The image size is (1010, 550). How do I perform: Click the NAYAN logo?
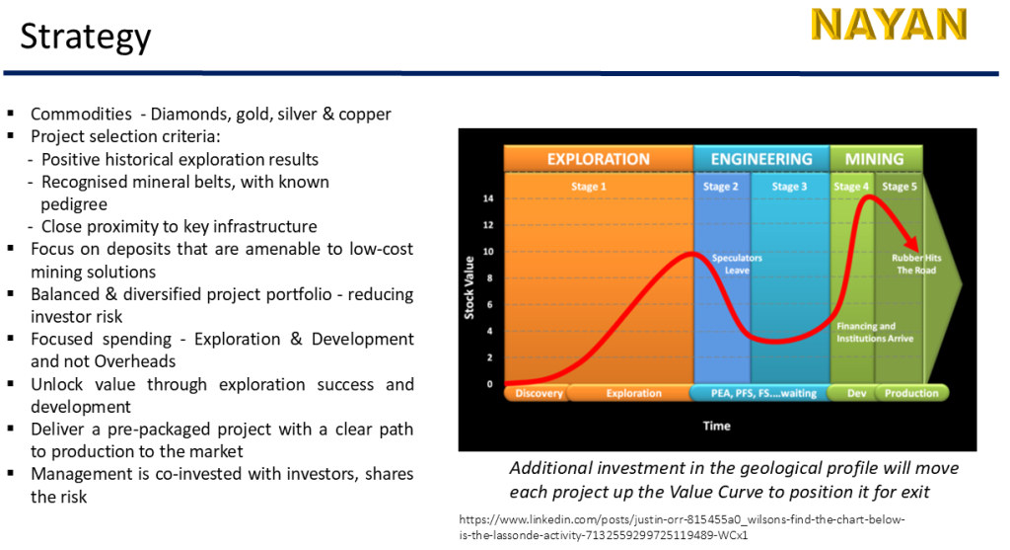pyautogui.click(x=889, y=25)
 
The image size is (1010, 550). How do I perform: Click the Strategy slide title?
pyautogui.click(x=86, y=37)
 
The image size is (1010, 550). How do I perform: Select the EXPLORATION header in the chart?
pyautogui.click(x=599, y=159)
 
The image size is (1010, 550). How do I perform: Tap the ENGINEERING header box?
pyautogui.click(x=761, y=159)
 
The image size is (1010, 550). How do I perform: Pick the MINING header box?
pyautogui.click(x=875, y=159)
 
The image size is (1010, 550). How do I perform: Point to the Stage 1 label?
pyautogui.click(x=589, y=187)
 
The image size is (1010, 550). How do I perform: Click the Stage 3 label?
pyautogui.click(x=789, y=187)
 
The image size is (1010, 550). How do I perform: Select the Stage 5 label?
pyautogui.click(x=900, y=187)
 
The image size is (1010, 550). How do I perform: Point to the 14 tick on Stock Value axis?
pyautogui.click(x=488, y=198)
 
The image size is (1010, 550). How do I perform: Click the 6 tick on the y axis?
pyautogui.click(x=489, y=304)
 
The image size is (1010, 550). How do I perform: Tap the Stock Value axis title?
pyautogui.click(x=469, y=287)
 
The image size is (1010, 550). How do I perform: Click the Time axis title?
pyautogui.click(x=716, y=426)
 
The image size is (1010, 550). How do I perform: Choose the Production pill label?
pyautogui.click(x=911, y=393)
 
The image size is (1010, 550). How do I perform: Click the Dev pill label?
pyautogui.click(x=856, y=393)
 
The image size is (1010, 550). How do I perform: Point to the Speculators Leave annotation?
pyautogui.click(x=737, y=264)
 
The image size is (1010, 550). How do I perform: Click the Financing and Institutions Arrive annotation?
pyautogui.click(x=875, y=332)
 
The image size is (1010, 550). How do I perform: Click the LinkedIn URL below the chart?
pyautogui.click(x=682, y=526)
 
